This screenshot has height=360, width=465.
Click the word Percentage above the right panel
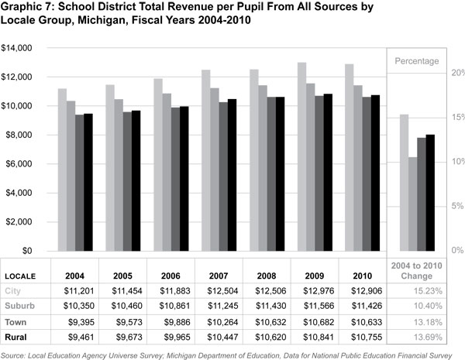[x=417, y=60]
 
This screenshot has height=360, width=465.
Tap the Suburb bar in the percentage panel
[x=413, y=204]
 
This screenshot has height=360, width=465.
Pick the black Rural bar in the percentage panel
[x=431, y=192]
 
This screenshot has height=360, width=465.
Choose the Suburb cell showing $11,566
[x=314, y=306]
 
